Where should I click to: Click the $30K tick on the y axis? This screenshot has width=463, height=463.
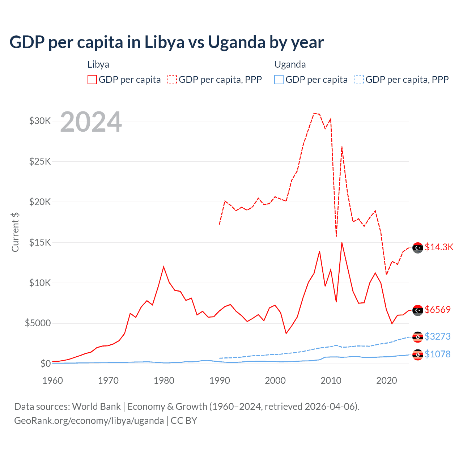(x=40, y=121)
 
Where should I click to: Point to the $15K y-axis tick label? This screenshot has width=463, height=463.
(x=40, y=242)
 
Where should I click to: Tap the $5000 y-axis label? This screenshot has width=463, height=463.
(x=38, y=323)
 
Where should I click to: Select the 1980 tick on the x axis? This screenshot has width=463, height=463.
(x=164, y=381)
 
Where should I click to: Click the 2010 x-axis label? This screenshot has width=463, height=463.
(x=331, y=381)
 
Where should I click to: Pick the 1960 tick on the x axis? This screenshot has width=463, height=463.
(x=52, y=381)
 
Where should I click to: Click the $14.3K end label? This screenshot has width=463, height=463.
(x=439, y=247)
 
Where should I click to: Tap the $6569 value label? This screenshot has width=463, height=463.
(x=438, y=310)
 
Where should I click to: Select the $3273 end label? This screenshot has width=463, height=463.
(x=438, y=336)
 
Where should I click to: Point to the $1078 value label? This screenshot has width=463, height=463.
(x=438, y=354)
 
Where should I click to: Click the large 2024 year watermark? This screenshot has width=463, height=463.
(x=91, y=122)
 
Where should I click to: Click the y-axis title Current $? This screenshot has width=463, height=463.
(x=15, y=232)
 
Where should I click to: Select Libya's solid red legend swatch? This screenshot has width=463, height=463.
(x=92, y=80)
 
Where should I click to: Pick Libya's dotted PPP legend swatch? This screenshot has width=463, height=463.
(x=172, y=80)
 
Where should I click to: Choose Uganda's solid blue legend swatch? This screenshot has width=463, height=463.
(x=279, y=80)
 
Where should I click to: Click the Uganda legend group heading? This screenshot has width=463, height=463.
(x=290, y=64)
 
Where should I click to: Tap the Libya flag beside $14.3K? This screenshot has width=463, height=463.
(x=418, y=247)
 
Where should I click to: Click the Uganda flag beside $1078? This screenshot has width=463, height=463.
(x=418, y=355)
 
